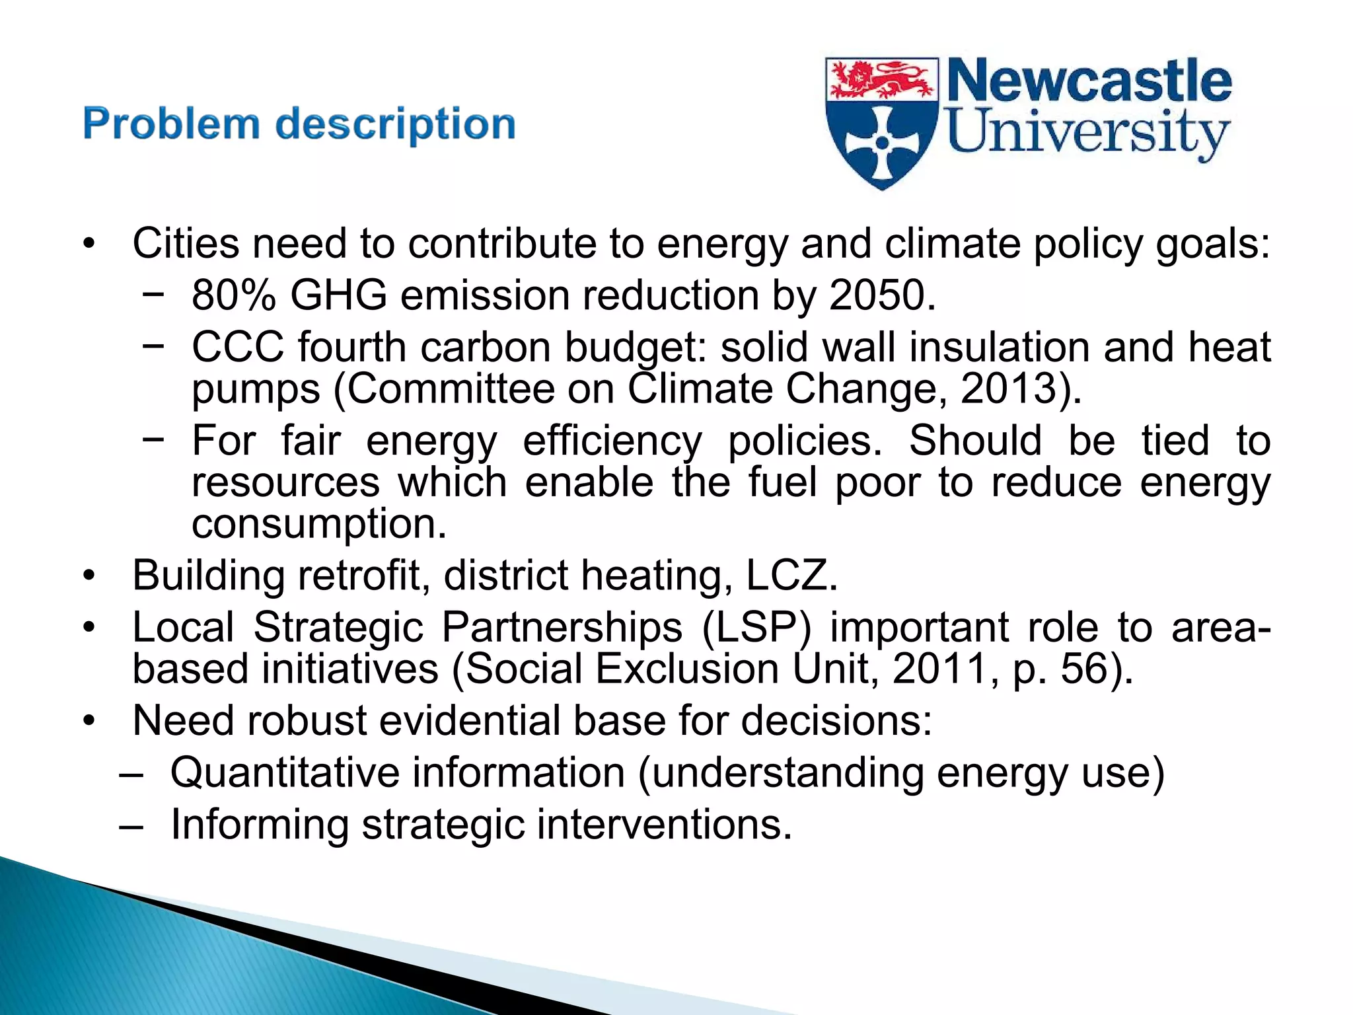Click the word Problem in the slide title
click(x=171, y=124)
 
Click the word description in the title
click(x=395, y=126)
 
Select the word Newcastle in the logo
click(x=1089, y=81)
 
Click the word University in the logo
click(x=1087, y=133)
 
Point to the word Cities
click(x=186, y=243)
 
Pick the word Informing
click(x=260, y=825)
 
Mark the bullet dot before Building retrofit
click(x=89, y=576)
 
